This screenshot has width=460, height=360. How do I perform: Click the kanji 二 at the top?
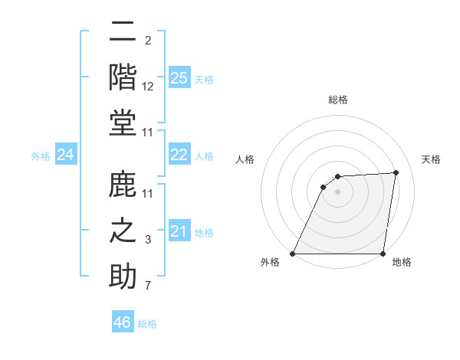point(123,31)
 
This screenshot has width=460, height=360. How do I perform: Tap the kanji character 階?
point(123,78)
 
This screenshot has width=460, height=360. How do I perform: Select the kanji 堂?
point(123,124)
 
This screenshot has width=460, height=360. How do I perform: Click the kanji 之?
point(123,231)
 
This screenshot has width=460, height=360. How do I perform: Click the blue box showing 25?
point(179,77)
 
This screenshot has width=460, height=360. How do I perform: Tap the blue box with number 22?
point(179,155)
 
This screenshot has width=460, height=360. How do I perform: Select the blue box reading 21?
point(179,231)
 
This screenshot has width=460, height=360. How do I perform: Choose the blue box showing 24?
point(65,155)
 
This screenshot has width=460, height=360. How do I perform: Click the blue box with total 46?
point(123,322)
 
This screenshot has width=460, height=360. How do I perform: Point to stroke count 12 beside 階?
point(148,87)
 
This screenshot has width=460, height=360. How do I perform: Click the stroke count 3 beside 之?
point(148,241)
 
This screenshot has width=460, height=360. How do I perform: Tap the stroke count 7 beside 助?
point(148,286)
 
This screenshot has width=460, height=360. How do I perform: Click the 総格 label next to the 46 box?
point(148,324)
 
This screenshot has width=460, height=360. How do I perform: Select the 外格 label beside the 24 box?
point(41,156)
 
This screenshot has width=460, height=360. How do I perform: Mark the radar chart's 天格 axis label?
point(432,159)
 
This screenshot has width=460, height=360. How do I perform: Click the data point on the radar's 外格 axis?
point(293,254)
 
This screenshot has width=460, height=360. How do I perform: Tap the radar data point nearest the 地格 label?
point(383,254)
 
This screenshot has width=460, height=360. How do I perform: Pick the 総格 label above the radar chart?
point(338,100)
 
